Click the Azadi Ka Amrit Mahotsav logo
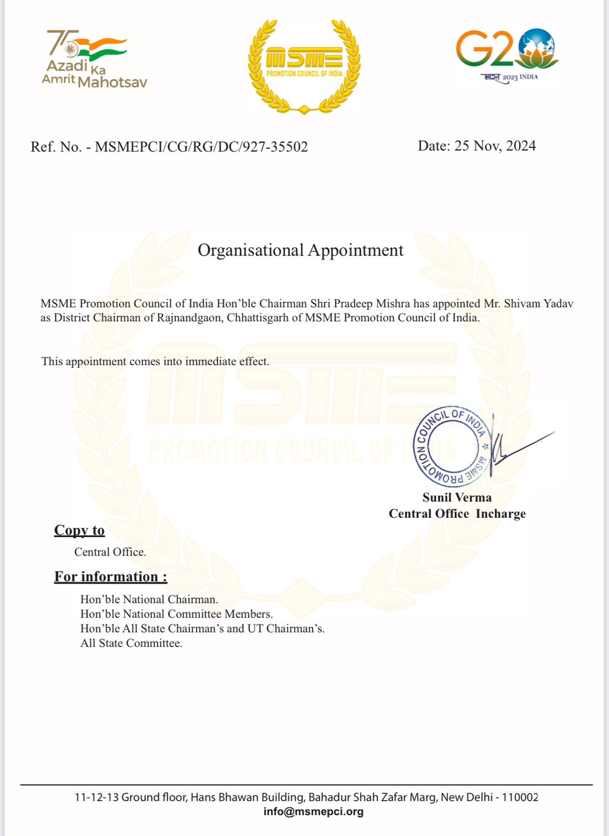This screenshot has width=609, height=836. pos(94,59)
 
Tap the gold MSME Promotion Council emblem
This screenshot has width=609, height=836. pos(304,66)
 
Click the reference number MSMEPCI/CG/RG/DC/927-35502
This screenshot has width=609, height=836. pos(201,147)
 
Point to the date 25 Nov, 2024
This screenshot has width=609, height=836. pos(495,146)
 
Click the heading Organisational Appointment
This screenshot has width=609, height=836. pos(300,250)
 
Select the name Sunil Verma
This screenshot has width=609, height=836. pos(457,497)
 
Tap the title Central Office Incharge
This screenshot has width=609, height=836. pos(457,514)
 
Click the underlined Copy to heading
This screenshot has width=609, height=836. pos(79,530)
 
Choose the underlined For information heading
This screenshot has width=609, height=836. pos(111,577)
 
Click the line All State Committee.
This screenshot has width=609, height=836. pos(131,643)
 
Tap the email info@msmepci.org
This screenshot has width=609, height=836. pos(313,811)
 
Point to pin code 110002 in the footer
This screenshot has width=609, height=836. pos(520,797)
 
